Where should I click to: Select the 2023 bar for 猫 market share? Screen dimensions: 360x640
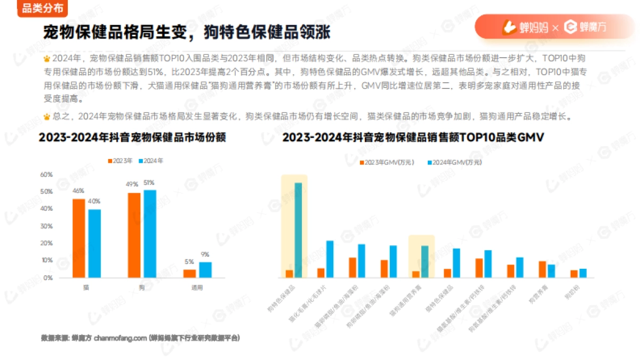click(79, 238)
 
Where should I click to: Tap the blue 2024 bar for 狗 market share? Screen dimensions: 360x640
click(150, 234)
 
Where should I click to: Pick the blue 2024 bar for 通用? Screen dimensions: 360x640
click(205, 269)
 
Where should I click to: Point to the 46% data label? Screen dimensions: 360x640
click(78, 191)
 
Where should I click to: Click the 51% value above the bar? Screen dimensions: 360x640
click(149, 182)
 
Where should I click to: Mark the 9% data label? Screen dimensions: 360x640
click(205, 254)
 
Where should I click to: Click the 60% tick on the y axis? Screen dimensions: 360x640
click(46, 174)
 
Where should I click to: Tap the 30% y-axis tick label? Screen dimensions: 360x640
click(46, 226)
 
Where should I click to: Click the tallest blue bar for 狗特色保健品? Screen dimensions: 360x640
click(298, 230)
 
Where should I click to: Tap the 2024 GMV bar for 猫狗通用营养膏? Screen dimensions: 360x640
click(425, 261)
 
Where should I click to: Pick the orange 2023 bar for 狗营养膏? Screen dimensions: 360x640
click(542, 269)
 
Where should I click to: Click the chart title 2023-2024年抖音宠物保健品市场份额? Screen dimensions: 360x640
click(132, 138)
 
